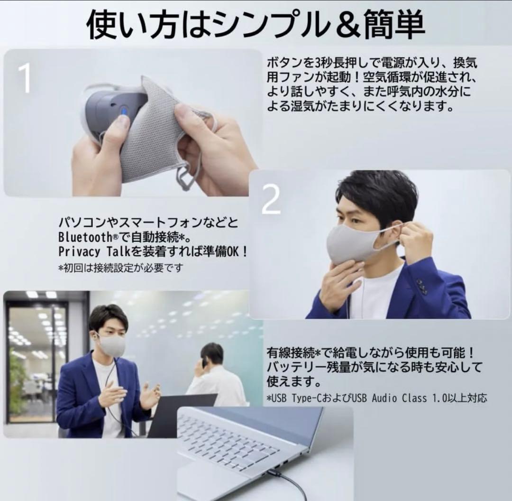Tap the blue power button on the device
(x=125, y=111)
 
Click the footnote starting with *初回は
(x=120, y=268)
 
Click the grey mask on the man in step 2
(x=353, y=243)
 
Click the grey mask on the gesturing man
(x=111, y=344)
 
